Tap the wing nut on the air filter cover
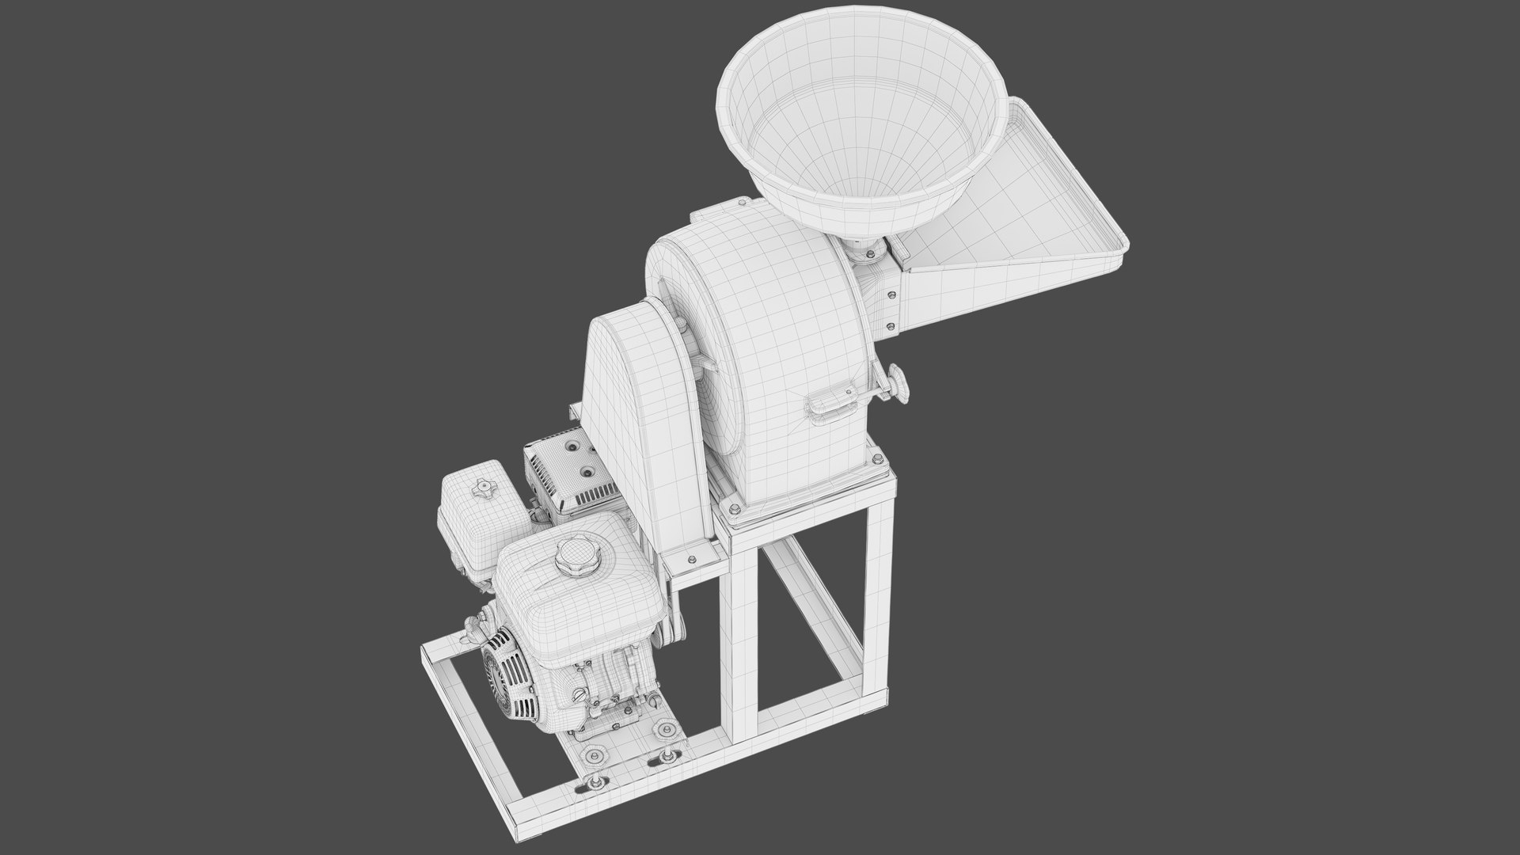(481, 489)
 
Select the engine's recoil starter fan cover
(506, 665)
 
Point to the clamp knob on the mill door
(898, 382)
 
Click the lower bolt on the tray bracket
(891, 325)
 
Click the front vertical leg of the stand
(741, 633)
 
